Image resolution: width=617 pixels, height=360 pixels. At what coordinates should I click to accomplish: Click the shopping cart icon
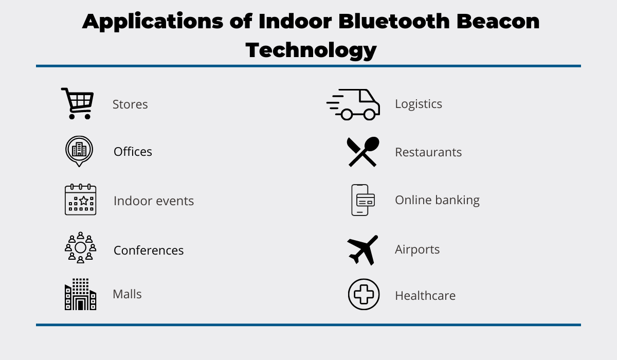coord(78,103)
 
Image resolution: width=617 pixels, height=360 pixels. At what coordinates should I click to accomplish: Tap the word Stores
coord(130,104)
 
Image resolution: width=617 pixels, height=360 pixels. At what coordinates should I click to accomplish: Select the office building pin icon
coord(79,151)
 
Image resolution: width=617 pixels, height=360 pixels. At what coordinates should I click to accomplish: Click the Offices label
coord(133,152)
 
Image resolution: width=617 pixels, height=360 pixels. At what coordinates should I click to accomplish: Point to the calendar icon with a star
coord(80,200)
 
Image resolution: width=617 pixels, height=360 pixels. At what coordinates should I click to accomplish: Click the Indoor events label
coord(154,201)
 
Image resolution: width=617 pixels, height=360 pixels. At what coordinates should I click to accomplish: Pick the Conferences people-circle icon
coord(80,247)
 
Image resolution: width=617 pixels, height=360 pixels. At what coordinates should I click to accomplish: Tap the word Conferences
coord(149,250)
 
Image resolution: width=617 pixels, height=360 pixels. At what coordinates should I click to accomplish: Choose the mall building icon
coord(80,294)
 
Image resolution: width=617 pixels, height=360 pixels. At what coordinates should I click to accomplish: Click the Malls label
coord(128,294)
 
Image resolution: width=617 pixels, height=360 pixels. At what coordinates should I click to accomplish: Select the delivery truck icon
coord(353,104)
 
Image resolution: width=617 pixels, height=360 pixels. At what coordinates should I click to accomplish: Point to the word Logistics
coord(419,104)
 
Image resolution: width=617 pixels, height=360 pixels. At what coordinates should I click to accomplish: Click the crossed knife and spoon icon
coord(363,152)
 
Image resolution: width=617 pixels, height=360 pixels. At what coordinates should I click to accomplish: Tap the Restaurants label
coord(428,152)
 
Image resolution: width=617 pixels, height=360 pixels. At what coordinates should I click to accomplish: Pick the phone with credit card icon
coord(363,200)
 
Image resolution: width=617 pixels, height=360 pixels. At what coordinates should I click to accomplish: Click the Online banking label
coord(438,200)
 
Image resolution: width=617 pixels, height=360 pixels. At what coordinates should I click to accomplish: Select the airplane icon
coord(362,250)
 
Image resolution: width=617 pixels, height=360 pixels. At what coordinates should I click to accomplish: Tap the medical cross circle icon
coord(364,294)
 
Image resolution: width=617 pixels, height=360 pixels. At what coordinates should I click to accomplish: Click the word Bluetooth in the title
coord(394,21)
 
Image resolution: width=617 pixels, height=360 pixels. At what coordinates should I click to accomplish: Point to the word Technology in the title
coord(311,50)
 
